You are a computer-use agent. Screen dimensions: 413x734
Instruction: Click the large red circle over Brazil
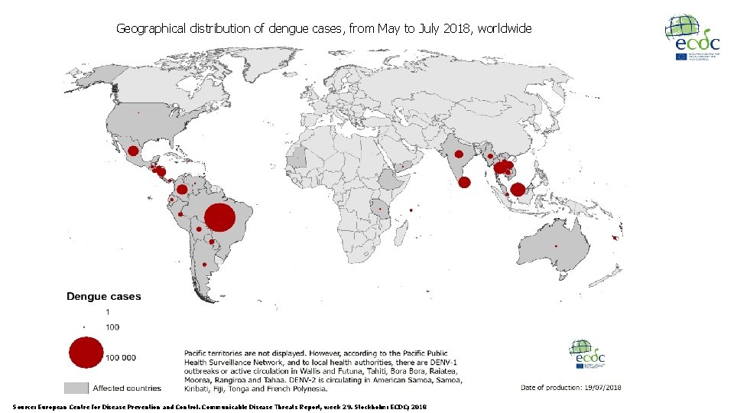(219, 217)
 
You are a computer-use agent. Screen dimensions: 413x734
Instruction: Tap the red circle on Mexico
(133, 151)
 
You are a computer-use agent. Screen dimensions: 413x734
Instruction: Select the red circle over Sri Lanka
(464, 182)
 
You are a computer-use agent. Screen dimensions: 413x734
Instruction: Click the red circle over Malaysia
(518, 190)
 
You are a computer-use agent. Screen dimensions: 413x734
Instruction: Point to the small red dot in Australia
(556, 246)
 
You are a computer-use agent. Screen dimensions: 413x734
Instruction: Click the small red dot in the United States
(138, 112)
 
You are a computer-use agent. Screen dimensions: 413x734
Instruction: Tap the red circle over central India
(460, 154)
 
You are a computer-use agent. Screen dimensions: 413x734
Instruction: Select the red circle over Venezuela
(182, 189)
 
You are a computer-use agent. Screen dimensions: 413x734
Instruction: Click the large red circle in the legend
(86, 353)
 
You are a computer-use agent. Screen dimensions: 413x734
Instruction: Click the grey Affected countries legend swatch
(76, 388)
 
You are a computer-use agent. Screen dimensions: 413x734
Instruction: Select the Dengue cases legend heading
(103, 297)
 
